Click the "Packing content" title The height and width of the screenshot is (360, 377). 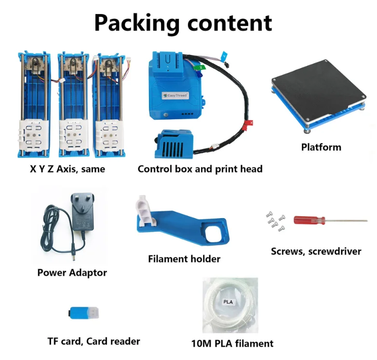183,22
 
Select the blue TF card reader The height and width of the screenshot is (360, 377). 84,313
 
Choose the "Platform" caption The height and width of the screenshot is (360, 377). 321,147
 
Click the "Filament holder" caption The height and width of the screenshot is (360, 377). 184,259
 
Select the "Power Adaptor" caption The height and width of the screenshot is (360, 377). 72,273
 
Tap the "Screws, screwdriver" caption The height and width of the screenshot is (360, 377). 316,251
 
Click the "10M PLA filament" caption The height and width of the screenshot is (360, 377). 232,344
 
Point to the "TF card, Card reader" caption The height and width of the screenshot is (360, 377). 94,341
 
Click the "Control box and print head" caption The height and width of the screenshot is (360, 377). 200,169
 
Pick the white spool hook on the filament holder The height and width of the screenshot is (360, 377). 147,210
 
